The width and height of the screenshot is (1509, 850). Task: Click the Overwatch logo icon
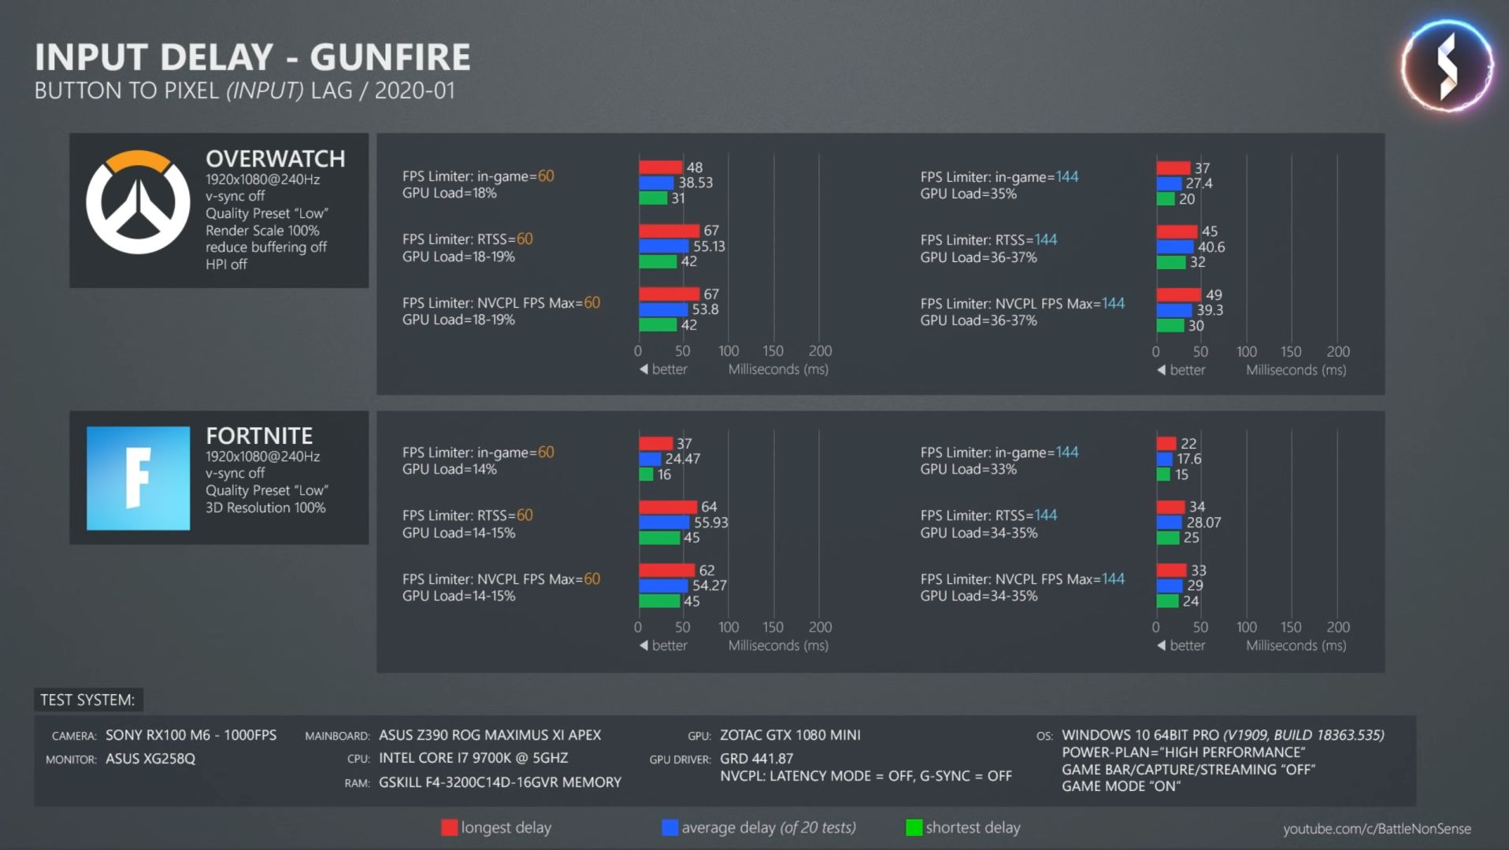point(138,201)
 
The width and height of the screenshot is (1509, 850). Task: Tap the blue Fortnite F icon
point(138,478)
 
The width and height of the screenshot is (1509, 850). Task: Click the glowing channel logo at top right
point(1447,66)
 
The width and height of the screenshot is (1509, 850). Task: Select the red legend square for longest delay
point(449,827)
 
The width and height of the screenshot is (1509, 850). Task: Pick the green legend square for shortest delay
point(914,827)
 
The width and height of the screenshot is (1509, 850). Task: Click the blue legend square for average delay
point(670,827)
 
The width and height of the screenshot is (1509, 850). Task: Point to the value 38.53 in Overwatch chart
point(695,183)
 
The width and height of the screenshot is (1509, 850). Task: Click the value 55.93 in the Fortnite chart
point(710,523)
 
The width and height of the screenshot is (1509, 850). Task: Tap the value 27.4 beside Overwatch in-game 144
point(1199,183)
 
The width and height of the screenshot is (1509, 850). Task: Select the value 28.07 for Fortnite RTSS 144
point(1203,523)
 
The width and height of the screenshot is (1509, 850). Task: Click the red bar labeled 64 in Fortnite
point(668,507)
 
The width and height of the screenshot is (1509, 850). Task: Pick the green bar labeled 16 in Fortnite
point(646,475)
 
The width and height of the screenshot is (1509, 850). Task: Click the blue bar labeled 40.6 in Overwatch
point(1175,247)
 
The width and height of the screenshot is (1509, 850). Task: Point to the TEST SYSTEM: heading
point(87,700)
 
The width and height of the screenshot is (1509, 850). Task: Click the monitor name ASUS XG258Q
point(150,759)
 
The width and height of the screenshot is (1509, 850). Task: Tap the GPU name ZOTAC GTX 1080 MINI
point(790,735)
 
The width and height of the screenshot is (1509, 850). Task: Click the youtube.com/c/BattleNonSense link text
point(1377,829)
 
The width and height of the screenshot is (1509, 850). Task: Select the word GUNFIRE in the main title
point(390,57)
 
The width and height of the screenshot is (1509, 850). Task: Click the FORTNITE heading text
point(259,436)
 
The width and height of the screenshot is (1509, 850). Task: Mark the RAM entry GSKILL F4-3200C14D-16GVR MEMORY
point(500,782)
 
